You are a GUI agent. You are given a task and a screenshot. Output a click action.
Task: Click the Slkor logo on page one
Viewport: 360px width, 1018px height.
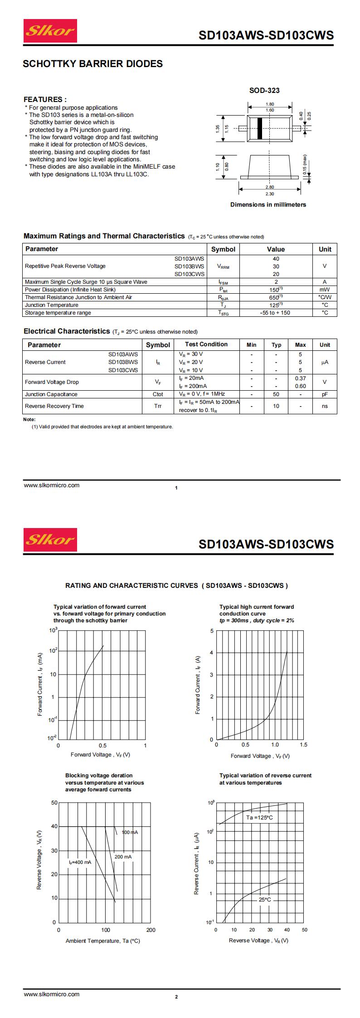(x=50, y=31)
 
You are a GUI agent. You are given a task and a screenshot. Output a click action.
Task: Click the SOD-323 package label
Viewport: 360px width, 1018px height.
(x=264, y=90)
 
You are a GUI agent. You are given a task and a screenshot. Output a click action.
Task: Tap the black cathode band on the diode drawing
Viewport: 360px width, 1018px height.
(x=260, y=128)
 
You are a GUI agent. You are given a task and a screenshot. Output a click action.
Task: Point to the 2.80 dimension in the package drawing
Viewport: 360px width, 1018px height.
(x=270, y=187)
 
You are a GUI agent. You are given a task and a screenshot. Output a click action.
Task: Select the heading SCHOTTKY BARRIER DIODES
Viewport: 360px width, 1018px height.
(x=92, y=64)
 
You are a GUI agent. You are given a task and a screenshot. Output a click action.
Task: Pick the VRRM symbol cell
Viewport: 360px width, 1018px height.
(x=223, y=267)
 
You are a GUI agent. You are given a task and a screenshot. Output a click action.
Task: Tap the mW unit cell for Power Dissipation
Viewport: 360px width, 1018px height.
(x=325, y=290)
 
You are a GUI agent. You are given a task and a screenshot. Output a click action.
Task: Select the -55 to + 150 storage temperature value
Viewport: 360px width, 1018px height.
(x=275, y=313)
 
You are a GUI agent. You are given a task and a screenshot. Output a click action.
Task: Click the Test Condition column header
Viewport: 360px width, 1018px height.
(x=206, y=344)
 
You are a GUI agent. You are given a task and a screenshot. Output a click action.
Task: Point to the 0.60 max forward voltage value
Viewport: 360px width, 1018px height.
(x=300, y=386)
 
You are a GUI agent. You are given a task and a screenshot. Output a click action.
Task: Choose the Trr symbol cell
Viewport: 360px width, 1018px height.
(x=158, y=406)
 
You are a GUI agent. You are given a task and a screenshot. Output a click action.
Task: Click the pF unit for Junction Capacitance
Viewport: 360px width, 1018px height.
(x=325, y=394)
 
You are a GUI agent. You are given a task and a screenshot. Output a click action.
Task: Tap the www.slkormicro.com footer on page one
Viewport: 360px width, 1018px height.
(x=52, y=485)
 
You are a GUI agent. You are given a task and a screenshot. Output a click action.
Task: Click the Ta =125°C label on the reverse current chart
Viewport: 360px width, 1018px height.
(x=260, y=818)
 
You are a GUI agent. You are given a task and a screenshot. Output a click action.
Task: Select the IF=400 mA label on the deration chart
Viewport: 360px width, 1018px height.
(x=80, y=862)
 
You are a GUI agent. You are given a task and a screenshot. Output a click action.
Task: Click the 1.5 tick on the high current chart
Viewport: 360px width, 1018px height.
(x=303, y=745)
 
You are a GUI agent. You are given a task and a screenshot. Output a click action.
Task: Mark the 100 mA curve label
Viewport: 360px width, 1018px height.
(x=130, y=832)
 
